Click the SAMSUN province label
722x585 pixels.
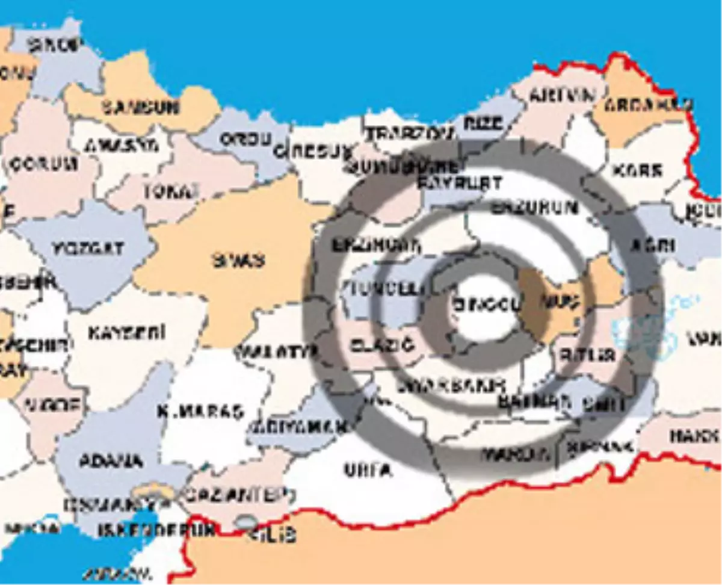140,107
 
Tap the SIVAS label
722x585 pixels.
238,260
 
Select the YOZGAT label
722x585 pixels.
88,247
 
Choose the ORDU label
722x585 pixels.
245,140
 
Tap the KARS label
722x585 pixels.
638,170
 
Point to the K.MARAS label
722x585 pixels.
200,412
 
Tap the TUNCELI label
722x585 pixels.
384,289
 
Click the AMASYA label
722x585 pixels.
122,145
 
